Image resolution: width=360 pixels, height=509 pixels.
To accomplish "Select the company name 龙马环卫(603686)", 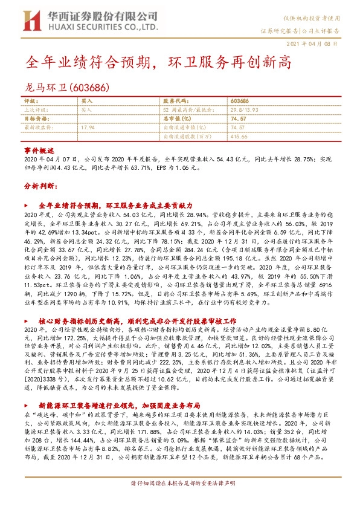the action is tap(67, 88).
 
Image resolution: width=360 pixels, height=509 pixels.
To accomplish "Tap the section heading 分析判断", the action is tap(36, 187).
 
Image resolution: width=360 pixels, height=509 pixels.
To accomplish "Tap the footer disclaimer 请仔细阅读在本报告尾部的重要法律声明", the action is tap(179, 501).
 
